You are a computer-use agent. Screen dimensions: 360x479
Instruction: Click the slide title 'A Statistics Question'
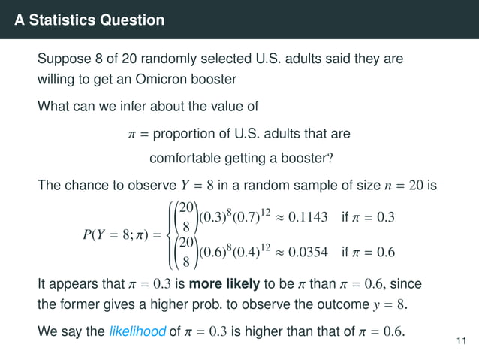[x=89, y=20]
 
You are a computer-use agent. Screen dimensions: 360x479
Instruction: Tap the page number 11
[x=462, y=343]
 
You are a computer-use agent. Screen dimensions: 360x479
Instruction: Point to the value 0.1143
[x=306, y=218]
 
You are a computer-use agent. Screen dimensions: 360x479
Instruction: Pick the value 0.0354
[x=306, y=252]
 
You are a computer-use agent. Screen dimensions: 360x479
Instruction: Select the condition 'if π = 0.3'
[x=368, y=218]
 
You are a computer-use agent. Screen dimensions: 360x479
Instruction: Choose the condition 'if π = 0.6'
[x=368, y=252]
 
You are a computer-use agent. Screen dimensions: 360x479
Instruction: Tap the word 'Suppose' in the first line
[x=63, y=59]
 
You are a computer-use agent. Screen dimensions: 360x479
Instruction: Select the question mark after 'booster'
[x=330, y=159]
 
